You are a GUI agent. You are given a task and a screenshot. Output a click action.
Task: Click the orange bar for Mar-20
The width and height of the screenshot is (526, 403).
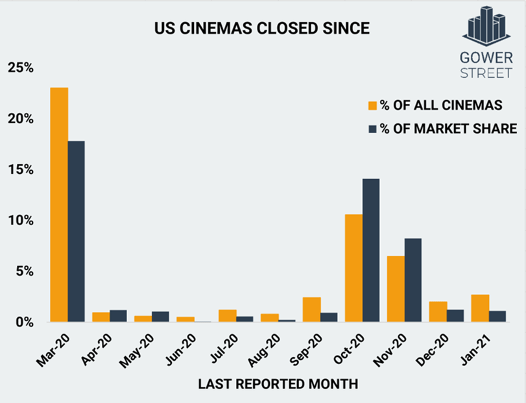59,204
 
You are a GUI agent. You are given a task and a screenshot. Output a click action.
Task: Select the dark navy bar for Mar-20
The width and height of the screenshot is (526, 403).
76,231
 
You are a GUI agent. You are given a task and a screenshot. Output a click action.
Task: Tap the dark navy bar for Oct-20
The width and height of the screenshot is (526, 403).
370,250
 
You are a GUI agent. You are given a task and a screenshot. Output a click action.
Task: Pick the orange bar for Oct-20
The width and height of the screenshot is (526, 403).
353,268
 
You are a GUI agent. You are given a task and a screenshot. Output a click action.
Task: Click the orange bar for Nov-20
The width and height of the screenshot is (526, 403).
396,289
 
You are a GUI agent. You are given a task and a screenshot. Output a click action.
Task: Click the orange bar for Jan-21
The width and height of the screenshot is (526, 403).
480,308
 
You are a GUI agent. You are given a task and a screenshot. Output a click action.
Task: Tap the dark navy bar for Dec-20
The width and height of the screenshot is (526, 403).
455,315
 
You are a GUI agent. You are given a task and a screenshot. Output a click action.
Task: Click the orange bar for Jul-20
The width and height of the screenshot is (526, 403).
228,315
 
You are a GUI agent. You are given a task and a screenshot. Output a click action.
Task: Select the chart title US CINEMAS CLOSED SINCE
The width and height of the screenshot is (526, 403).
261,29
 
